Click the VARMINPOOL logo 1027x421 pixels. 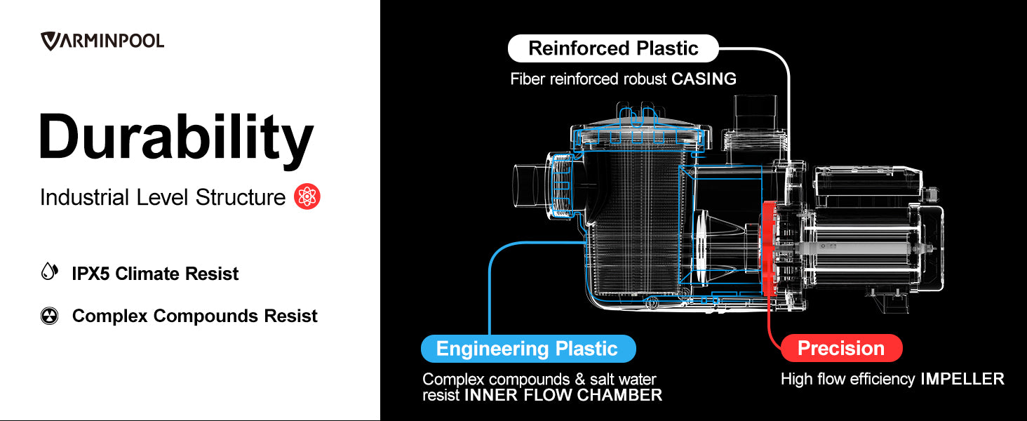(x=102, y=41)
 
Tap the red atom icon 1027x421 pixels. (x=307, y=197)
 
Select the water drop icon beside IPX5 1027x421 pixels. (x=48, y=272)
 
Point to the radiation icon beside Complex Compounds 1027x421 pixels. (x=49, y=316)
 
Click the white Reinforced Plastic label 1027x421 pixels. (x=613, y=48)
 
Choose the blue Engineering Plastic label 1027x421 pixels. (x=527, y=349)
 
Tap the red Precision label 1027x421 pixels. (x=840, y=349)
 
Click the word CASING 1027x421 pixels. (x=704, y=79)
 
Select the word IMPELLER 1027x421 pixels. (x=962, y=380)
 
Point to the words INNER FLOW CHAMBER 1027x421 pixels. (x=563, y=396)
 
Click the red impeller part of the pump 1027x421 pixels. (x=770, y=253)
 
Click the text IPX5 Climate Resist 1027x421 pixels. (x=155, y=274)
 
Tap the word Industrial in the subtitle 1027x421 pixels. (x=83, y=198)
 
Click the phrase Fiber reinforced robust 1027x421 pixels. (x=588, y=79)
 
